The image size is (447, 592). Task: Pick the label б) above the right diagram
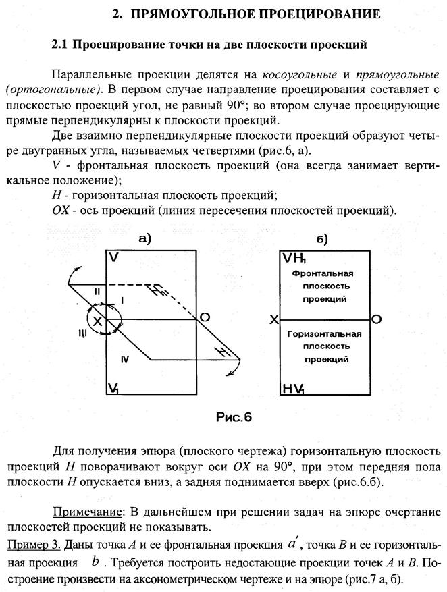coord(321,240)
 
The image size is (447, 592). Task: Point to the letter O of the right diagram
coord(377,319)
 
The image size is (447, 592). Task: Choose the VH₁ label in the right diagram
coord(294,259)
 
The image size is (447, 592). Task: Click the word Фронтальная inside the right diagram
coord(323,273)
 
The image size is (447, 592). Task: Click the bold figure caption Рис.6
coord(234,417)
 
